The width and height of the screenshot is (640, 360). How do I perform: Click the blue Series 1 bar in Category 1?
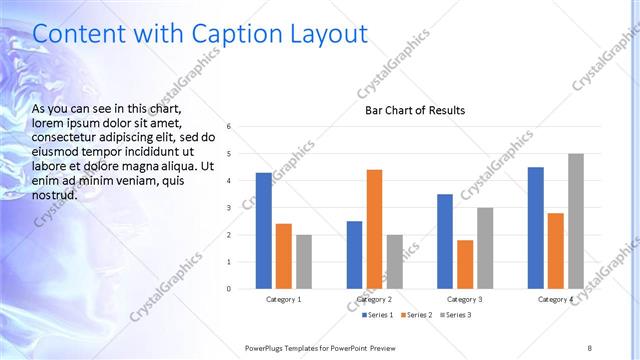coord(263,231)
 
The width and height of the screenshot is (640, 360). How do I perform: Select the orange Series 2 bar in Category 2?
coord(375,229)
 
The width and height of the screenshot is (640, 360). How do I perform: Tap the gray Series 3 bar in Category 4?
coord(576,221)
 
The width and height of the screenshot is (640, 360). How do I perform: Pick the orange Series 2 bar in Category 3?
coord(465,264)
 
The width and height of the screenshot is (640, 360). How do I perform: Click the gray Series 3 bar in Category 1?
coord(303,262)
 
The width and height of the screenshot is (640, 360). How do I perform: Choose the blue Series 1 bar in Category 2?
coord(355,255)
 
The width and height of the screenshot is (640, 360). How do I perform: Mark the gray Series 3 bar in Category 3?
coord(485,248)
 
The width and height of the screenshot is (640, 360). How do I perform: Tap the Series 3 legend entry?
coord(453,315)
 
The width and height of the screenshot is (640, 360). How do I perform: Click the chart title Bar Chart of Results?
coord(415,110)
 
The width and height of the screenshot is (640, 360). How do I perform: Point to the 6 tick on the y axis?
coord(229,127)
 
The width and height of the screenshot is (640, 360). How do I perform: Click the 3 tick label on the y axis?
coord(229,208)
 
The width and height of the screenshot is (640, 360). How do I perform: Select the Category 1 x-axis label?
coord(283,299)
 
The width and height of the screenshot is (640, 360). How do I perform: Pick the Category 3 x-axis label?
coord(464,299)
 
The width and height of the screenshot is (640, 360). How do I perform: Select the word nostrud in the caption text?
coord(54,195)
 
